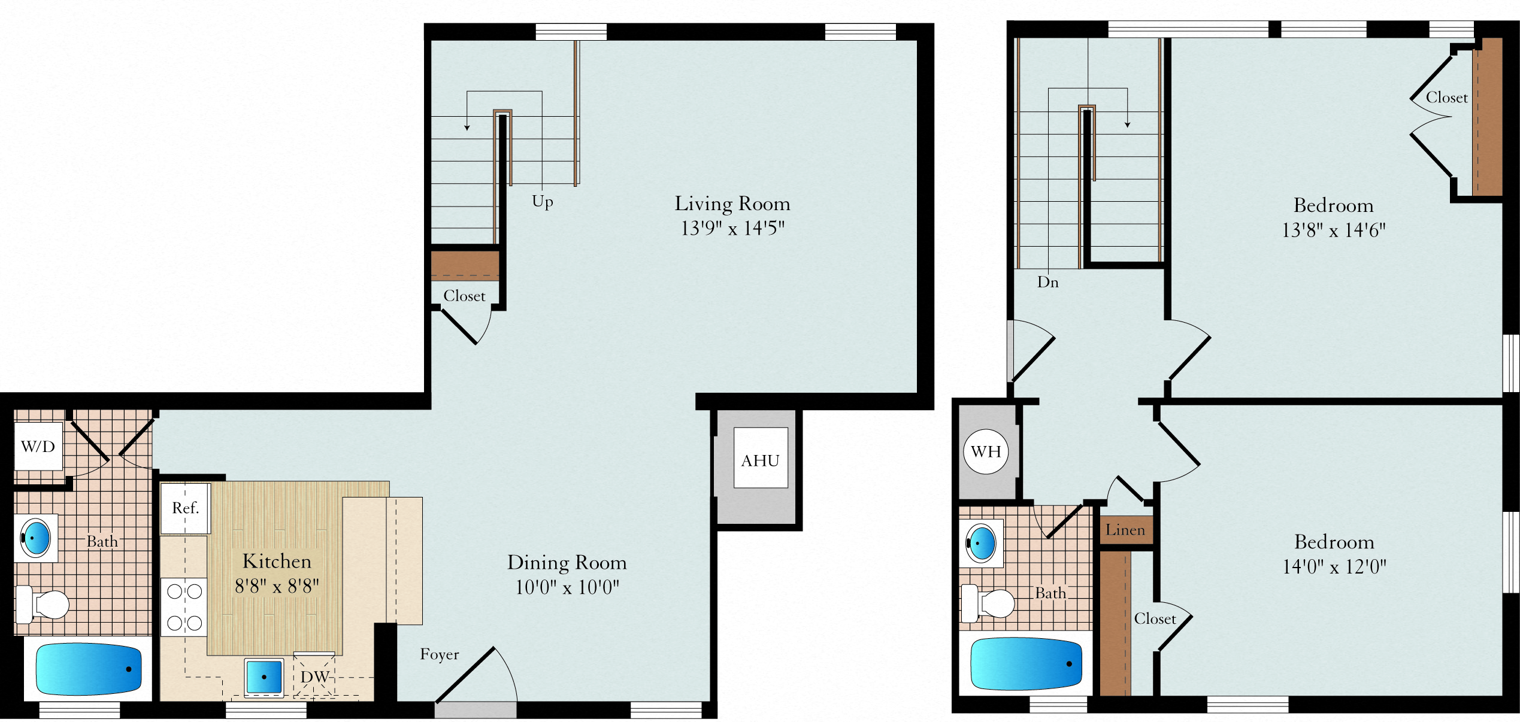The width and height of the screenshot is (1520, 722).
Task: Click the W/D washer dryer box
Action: [x=38, y=446]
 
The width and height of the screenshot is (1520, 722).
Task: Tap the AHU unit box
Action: [x=761, y=458]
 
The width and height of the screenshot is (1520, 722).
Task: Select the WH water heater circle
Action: [x=986, y=451]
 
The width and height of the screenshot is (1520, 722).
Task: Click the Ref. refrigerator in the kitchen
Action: [x=186, y=508]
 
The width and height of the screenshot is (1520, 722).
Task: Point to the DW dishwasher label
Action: [x=314, y=677]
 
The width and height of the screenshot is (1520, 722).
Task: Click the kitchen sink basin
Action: [x=264, y=677]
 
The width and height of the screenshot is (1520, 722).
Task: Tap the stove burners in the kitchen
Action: [x=184, y=608]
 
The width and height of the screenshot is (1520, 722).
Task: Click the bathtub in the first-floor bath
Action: [x=89, y=669]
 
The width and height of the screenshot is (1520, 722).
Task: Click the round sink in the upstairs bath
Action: [x=981, y=543]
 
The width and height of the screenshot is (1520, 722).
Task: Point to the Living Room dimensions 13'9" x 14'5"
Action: [x=732, y=228]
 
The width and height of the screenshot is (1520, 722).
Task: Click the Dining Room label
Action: [x=567, y=563]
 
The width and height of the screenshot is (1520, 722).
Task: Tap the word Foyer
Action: [x=440, y=654]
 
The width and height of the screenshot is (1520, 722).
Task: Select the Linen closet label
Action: [x=1125, y=530]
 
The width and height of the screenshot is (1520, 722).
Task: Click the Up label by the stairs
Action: [x=543, y=201]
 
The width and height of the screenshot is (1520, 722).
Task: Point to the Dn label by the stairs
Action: [x=1048, y=282]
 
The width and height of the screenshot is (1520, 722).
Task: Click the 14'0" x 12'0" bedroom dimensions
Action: [x=1334, y=566]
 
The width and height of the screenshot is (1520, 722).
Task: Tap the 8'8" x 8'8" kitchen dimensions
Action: [x=277, y=586]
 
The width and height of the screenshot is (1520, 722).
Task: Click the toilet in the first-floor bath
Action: [x=42, y=605]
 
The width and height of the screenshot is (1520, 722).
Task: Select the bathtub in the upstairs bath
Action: [x=1026, y=664]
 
